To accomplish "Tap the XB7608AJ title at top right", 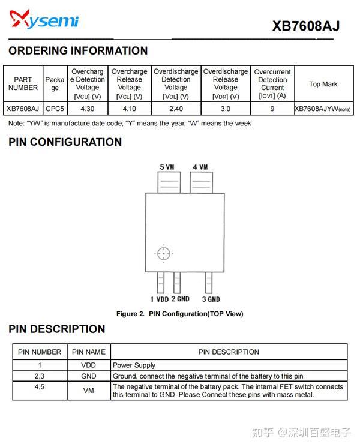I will [305, 26].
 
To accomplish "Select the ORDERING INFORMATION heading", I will [78, 51].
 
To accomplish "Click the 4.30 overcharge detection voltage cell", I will [87, 109].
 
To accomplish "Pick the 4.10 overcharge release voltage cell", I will [129, 109].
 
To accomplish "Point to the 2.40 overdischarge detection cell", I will [176, 109].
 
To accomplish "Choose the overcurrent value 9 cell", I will [272, 109].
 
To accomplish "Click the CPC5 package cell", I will [55, 109].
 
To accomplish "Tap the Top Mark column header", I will [323, 84].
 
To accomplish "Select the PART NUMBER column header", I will [23, 83].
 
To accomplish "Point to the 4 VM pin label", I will [200, 167].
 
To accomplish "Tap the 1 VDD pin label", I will [160, 299].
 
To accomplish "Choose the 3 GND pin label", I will [211, 299].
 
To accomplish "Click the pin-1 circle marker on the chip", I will [163, 254].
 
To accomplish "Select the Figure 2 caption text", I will [179, 314].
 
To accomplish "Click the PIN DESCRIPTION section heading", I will [57, 329].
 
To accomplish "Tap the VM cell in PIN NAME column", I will [88, 391].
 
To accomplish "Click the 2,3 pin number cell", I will [39, 376].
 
